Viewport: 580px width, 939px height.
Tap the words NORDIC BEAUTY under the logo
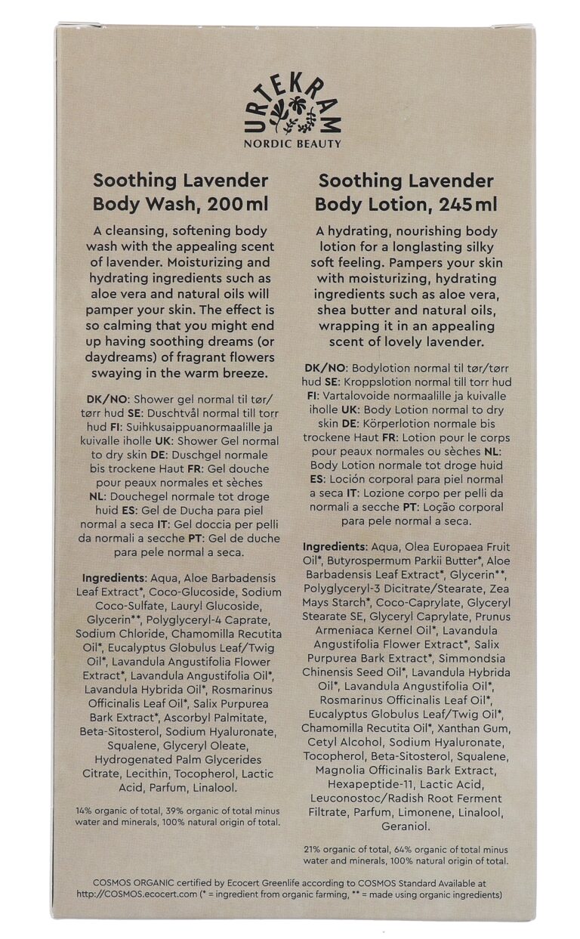point(292,144)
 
